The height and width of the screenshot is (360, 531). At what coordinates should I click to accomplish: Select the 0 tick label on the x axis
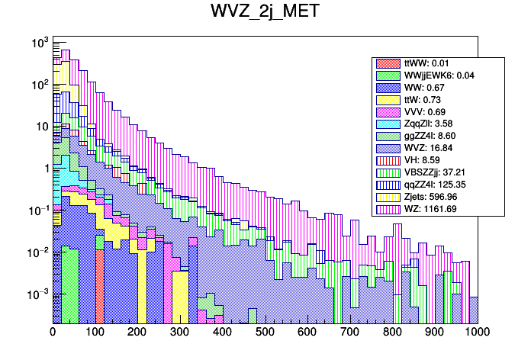pyautogui.click(x=53, y=333)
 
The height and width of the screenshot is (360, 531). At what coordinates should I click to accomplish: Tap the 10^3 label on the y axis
pyautogui.click(x=38, y=43)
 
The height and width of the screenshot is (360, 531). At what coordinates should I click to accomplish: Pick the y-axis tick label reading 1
pyautogui.click(x=44, y=169)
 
